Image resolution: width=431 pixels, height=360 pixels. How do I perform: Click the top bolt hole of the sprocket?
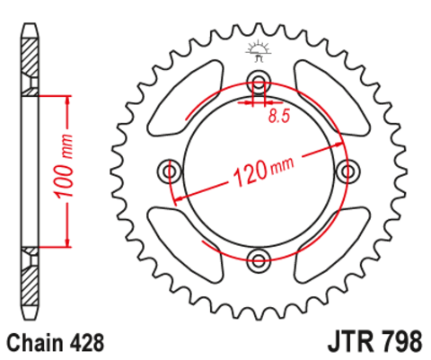pos(259,76)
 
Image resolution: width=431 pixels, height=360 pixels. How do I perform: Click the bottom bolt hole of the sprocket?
pos(259,262)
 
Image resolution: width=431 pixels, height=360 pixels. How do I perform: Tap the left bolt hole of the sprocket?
pos(167,170)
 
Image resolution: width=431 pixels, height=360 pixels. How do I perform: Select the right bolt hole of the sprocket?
pos(351,170)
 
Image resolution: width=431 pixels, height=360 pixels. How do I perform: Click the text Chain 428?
pos(56,342)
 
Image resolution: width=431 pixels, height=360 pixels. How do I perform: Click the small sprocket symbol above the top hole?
pos(259,49)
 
